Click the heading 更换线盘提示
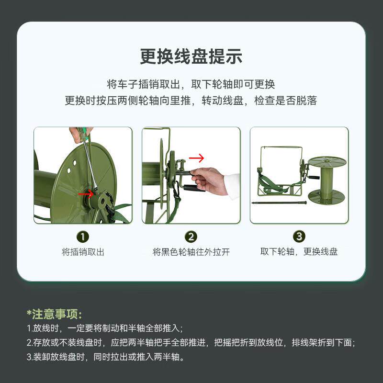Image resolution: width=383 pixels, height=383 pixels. (191, 56)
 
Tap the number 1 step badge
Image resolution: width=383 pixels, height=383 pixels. (83, 237)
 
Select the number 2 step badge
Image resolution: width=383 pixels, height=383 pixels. (191, 237)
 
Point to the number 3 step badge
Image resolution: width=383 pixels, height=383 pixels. (299, 236)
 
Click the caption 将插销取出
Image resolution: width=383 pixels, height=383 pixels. (83, 252)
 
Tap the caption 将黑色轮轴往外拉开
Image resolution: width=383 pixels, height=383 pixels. (191, 252)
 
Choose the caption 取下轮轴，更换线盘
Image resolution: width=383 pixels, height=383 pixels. (299, 251)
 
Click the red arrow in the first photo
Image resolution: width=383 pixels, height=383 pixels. (86, 194)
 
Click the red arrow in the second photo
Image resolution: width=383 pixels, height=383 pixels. (197, 158)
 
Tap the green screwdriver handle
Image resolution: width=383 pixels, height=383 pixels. (82, 134)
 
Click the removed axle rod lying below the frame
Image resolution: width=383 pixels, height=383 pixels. (279, 203)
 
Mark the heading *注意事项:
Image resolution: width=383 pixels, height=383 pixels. (54, 314)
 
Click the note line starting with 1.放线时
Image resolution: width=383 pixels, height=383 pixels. (105, 328)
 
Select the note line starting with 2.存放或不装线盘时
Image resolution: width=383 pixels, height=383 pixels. (191, 342)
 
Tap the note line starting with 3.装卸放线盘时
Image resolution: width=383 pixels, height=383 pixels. (105, 357)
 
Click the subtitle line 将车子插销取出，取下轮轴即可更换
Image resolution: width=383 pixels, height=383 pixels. (191, 84)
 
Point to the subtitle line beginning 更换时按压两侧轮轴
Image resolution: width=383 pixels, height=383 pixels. (191, 101)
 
